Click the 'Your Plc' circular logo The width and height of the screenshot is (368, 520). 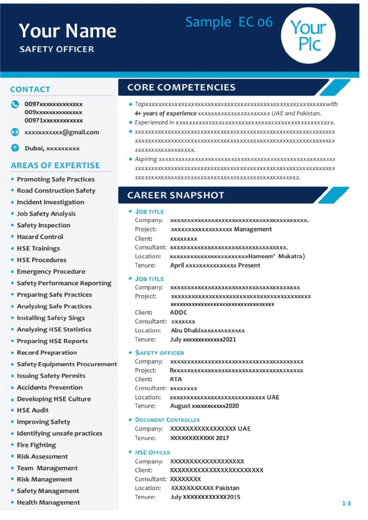308,36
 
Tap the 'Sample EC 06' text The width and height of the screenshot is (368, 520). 229,22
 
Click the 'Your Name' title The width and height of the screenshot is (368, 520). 68,31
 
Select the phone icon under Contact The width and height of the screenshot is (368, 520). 15,104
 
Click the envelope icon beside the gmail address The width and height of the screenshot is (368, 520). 15,132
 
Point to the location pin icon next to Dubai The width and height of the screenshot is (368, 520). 15,148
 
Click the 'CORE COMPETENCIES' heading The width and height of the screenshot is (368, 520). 181,87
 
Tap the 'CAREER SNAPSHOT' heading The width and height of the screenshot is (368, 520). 175,195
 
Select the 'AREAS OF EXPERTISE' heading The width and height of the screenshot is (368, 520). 55,165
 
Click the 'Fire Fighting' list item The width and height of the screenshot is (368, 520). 36,445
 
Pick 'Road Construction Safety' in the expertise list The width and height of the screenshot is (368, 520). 56,190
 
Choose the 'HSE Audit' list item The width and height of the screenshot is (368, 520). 33,410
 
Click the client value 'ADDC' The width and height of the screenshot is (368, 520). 179,312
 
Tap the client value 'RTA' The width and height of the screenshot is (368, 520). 176,379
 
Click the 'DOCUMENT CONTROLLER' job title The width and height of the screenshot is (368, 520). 167,420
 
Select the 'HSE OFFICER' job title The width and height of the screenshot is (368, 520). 152,452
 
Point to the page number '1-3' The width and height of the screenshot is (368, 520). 346,503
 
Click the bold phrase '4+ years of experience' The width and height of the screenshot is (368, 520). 165,113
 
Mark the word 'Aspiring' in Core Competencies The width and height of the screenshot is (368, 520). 146,159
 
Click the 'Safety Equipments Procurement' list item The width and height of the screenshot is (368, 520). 67,364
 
